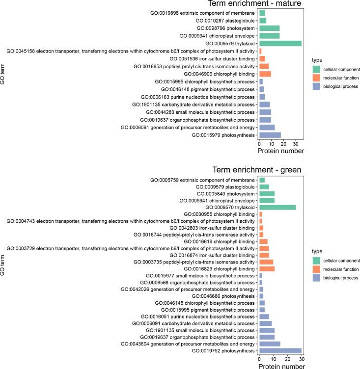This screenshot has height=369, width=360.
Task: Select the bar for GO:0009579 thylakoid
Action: coord(280,43)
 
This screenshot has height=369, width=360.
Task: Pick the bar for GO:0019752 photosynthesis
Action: coord(280,351)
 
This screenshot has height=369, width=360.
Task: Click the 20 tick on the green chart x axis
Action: coord(288,359)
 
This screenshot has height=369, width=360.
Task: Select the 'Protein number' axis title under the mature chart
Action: coord(280,151)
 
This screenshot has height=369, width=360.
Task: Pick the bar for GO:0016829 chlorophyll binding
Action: coord(267,269)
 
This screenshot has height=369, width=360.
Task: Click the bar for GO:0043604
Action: coord(270,343)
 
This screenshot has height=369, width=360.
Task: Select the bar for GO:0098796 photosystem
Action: coord(269,28)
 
